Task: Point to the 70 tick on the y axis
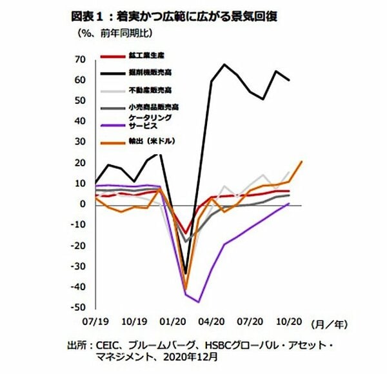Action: [x=81, y=59]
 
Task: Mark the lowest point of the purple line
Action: [x=199, y=301]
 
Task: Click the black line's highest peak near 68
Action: [x=224, y=64]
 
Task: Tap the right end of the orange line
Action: [x=302, y=161]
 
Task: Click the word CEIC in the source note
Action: [x=112, y=344]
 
